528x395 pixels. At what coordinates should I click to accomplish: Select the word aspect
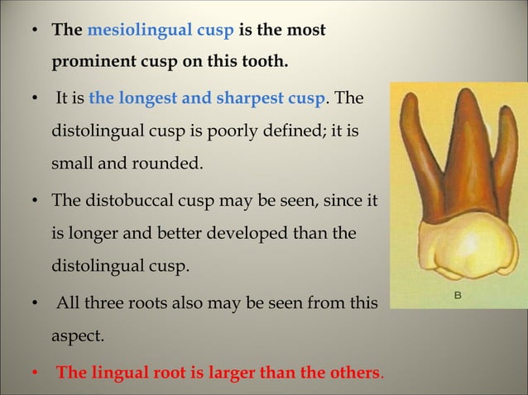click(x=78, y=337)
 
